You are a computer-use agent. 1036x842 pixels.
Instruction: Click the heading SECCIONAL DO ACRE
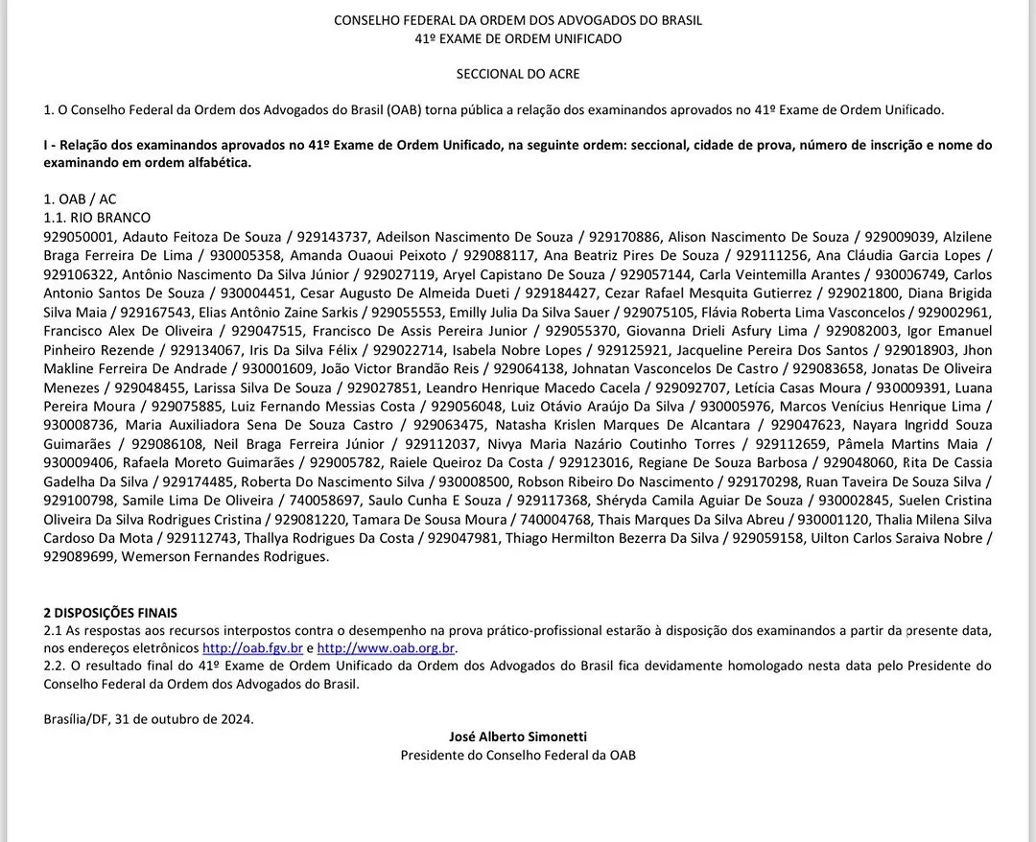click(x=518, y=74)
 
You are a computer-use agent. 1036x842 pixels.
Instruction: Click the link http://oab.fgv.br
click(x=252, y=648)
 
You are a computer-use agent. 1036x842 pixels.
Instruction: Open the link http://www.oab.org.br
click(x=387, y=648)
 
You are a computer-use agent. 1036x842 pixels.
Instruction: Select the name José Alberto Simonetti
click(x=518, y=737)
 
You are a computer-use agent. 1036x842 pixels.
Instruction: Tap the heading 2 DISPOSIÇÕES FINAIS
click(x=110, y=613)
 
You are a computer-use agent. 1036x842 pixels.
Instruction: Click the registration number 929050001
click(x=80, y=237)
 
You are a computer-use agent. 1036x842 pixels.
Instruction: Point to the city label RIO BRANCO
click(x=110, y=218)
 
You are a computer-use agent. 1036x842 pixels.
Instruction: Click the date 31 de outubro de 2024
click(x=184, y=718)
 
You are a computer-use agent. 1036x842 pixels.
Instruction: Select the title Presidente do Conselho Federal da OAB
click(x=518, y=755)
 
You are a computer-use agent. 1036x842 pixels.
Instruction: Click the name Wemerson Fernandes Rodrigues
click(x=226, y=556)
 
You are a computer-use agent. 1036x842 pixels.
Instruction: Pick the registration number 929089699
click(x=80, y=556)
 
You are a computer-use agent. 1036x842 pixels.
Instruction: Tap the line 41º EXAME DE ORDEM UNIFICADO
click(x=518, y=39)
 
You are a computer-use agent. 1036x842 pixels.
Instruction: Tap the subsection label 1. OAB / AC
click(x=80, y=199)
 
